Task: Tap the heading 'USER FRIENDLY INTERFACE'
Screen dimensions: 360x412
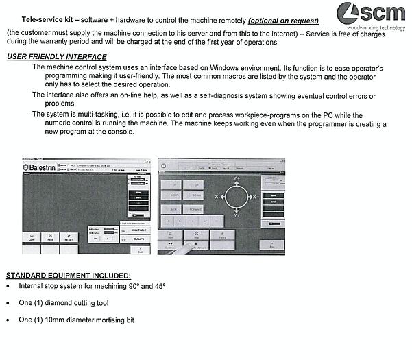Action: pyautogui.click(x=57, y=56)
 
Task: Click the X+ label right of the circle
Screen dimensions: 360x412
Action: pyautogui.click(x=256, y=197)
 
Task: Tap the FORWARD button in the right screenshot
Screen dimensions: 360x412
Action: pyautogui.click(x=196, y=208)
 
